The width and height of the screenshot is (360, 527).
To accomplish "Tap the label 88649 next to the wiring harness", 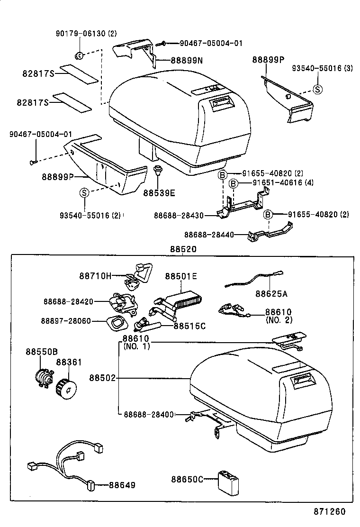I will click(x=122, y=485).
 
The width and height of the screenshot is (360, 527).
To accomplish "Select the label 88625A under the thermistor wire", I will click(x=271, y=294).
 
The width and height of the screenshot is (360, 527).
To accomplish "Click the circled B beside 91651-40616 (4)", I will click(x=234, y=183).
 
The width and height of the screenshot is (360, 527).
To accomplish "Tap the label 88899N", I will click(x=186, y=61).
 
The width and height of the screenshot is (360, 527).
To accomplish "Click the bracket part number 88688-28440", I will click(x=210, y=234).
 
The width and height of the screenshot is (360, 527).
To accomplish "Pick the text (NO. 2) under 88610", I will click(x=278, y=320).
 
